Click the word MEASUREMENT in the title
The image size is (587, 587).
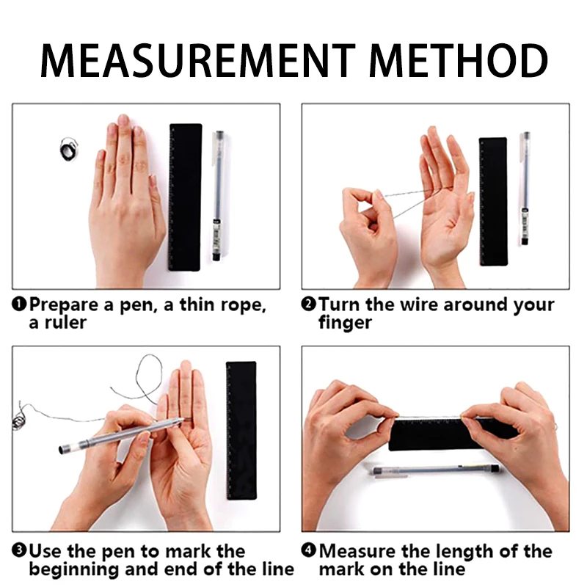coord(197,61)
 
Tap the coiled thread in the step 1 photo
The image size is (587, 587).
coord(68,150)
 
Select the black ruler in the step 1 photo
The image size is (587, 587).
coord(186,197)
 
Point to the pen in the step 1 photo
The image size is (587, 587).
coord(218,195)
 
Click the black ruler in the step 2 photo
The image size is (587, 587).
coord(493,202)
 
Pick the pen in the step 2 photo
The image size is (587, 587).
coord(525,189)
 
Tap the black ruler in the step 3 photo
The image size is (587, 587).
coord(241,431)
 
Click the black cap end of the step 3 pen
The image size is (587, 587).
coord(63,450)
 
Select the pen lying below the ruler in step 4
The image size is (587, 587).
coord(436,470)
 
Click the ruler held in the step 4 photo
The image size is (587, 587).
coord(453,434)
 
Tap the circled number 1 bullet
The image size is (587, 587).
coord(19,304)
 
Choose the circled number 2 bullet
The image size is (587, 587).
coord(308,304)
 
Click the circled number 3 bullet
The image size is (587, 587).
coord(19,550)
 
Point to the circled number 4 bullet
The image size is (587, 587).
coord(308,550)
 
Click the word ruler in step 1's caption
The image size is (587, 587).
coord(65,323)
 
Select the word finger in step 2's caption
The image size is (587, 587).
coord(345,323)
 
